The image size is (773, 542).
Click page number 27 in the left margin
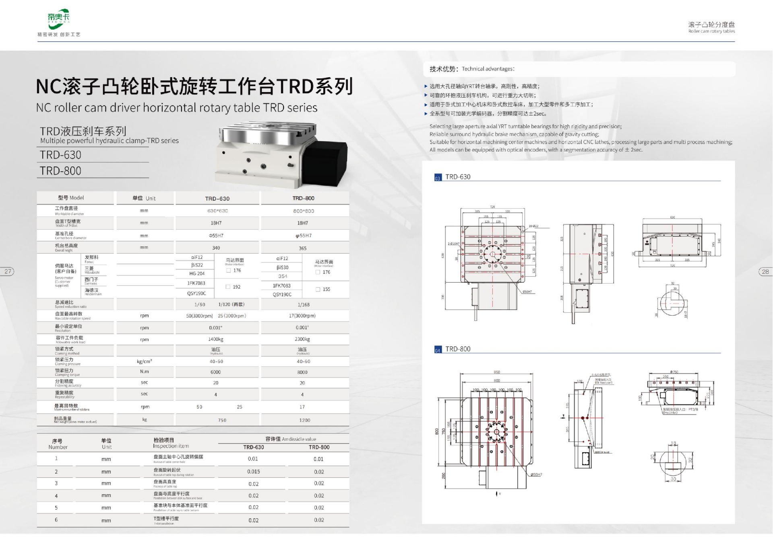[8, 271]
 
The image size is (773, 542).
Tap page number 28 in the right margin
[765, 272]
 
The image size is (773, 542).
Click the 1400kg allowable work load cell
[216, 339]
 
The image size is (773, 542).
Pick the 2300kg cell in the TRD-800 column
[302, 339]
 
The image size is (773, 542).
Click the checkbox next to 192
[228, 287]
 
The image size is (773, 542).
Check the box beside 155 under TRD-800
[318, 289]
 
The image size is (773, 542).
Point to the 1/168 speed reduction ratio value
[304, 305]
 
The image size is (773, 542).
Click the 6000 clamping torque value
[215, 372]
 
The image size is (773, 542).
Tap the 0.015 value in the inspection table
[254, 472]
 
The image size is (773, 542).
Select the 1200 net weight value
[305, 420]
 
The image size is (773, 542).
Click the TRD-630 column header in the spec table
[217, 199]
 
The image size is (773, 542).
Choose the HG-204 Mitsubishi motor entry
[197, 273]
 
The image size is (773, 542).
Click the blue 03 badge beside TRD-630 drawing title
[438, 178]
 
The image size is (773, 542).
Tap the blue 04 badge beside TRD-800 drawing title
[438, 350]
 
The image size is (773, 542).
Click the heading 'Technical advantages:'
[488, 69]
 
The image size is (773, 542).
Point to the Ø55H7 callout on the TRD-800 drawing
[536, 474]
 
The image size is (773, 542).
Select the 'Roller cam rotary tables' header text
[711, 31]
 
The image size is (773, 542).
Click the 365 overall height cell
[303, 248]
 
